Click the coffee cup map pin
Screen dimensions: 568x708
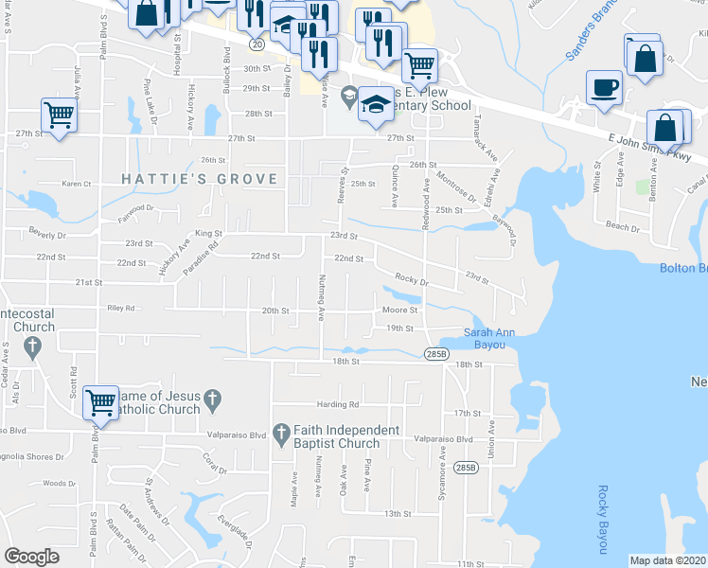(x=604, y=88)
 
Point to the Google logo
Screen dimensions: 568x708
(x=31, y=557)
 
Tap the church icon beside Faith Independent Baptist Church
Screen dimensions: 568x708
(x=280, y=435)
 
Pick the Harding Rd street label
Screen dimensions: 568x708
(x=340, y=404)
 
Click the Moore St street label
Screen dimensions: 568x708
(x=399, y=310)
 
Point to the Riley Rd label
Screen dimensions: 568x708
(x=121, y=308)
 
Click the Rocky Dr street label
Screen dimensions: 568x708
(x=412, y=280)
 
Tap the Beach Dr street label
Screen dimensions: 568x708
(x=622, y=227)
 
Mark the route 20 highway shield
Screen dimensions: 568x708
(x=257, y=44)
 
